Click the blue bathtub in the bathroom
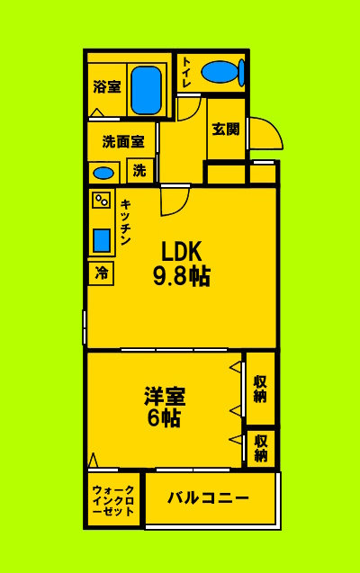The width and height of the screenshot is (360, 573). point(145,90)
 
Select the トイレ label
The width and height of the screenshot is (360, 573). point(186,71)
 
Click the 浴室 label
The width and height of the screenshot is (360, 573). point(106,87)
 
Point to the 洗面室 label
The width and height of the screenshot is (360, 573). point(122,141)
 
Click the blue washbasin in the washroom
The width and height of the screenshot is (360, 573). point(103,173)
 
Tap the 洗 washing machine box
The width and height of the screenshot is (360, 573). point(140,169)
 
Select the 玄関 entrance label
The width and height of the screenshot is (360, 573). point(225,129)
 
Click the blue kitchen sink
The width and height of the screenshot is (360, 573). point(102,240)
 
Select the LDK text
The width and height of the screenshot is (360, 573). point(181,251)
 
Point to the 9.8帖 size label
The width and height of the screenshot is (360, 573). point(180,275)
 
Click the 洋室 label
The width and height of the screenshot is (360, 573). point(165,396)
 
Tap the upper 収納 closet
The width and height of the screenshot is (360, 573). point(260,389)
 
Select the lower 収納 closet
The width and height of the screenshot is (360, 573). point(260,448)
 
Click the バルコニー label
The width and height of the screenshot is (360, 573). point(209,497)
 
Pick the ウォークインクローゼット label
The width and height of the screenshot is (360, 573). point(114,500)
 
